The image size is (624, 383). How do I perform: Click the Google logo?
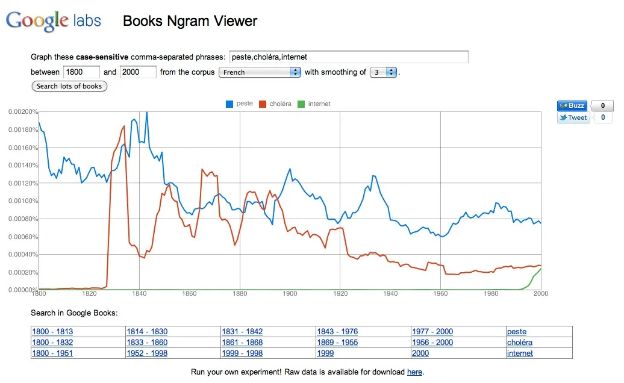click(x=37, y=20)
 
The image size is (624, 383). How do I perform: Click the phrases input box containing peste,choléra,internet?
click(x=349, y=57)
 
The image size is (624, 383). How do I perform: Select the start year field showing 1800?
click(x=81, y=72)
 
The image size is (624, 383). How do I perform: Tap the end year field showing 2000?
click(x=138, y=72)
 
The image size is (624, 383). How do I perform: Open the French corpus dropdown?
click(x=260, y=72)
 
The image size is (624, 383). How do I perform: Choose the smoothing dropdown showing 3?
click(x=383, y=72)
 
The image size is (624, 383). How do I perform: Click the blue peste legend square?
click(x=229, y=104)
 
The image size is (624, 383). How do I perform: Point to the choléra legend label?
click(x=280, y=104)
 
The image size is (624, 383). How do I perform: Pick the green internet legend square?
click(x=301, y=104)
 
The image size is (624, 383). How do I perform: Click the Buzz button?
click(x=572, y=105)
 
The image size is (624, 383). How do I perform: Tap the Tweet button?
click(x=573, y=117)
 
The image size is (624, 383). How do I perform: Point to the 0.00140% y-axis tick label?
click(x=23, y=166)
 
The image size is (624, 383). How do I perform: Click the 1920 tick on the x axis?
click(x=340, y=293)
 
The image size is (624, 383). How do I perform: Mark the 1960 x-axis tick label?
click(x=440, y=293)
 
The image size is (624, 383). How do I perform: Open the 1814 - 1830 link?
click(x=147, y=332)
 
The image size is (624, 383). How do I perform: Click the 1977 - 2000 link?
click(x=432, y=332)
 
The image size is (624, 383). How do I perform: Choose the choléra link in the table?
click(x=519, y=343)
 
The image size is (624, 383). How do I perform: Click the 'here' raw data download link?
click(x=414, y=372)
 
